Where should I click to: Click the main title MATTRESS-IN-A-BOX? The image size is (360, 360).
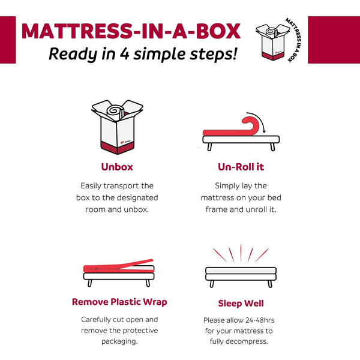[131, 31]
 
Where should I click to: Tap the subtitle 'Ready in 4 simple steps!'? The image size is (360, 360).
[142, 54]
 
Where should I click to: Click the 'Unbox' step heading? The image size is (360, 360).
[117, 167]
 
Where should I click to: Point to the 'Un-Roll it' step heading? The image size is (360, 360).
[241, 167]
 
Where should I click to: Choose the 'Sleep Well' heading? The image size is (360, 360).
[241, 303]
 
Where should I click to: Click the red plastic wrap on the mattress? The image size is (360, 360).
[117, 265]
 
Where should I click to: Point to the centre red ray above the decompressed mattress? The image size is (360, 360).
[241, 252]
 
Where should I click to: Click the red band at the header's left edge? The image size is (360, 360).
[8, 40]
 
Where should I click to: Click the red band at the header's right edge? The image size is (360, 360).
[334, 40]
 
